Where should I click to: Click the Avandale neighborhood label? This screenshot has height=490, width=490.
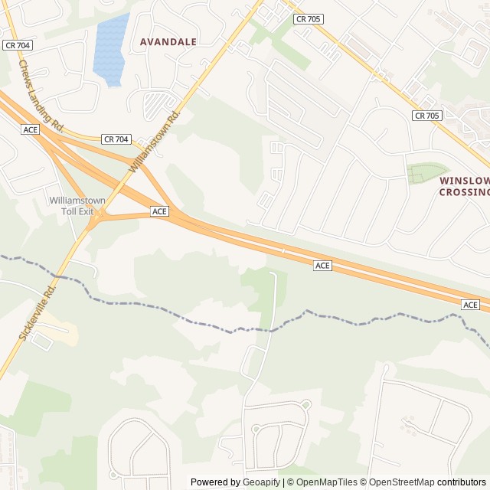(x=168, y=41)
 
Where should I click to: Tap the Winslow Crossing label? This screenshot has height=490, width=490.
(x=465, y=186)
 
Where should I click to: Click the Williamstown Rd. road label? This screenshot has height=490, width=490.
(x=154, y=141)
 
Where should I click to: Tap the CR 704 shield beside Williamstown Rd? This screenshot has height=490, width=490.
(x=116, y=139)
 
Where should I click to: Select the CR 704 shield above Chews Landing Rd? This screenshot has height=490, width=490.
(x=15, y=45)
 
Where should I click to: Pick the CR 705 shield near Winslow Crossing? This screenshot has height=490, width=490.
(x=426, y=116)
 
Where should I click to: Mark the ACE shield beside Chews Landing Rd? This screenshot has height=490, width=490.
(x=31, y=129)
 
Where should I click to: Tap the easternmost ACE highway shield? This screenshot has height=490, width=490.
(x=470, y=305)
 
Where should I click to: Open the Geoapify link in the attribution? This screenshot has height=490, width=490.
(x=262, y=482)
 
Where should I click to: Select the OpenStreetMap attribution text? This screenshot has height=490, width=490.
(x=400, y=482)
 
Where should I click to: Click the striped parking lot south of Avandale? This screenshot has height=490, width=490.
(x=158, y=103)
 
